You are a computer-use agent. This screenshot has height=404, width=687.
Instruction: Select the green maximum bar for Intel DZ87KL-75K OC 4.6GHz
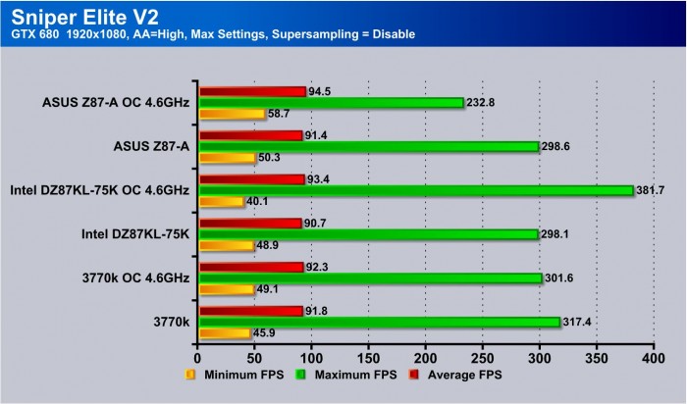[x=415, y=190]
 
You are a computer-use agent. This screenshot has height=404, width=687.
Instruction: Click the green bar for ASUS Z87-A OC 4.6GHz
[x=331, y=102]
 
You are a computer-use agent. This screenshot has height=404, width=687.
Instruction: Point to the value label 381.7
[x=652, y=190]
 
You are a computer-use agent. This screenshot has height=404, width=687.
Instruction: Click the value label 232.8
[x=482, y=102]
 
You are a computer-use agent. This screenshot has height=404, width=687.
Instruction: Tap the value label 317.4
[x=579, y=322]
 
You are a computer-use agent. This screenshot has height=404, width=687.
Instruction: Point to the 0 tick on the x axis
[x=198, y=360]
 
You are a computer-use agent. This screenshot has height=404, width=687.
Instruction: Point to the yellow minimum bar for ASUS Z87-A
[x=227, y=157]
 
